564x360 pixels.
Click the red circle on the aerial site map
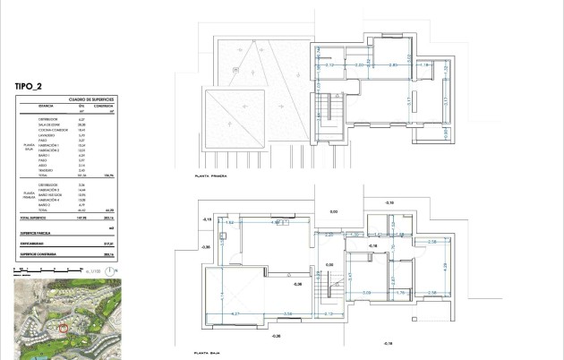pyautogui.click(x=63, y=329)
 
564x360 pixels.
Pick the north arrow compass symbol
pyautogui.click(x=120, y=269)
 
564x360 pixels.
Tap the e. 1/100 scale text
pyautogui.click(x=101, y=269)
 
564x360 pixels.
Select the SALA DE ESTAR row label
pyautogui.click(x=49, y=124)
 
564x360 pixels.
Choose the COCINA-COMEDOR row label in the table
pyautogui.click(x=52, y=130)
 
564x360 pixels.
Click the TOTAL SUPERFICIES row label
pyautogui.click(x=32, y=218)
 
